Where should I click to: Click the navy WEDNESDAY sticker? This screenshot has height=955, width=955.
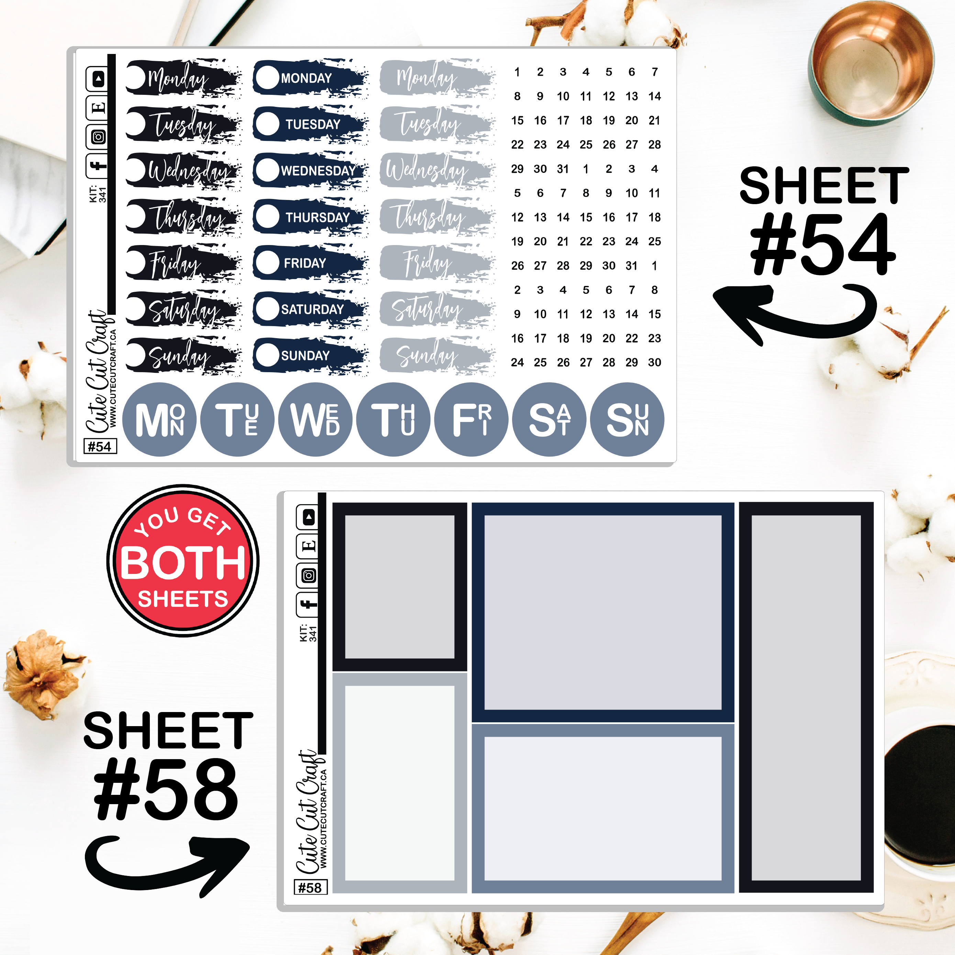[310, 170]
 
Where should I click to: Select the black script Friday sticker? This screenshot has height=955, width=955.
[183, 263]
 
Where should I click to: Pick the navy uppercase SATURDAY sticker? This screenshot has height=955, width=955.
[310, 309]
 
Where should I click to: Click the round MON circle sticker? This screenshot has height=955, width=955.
[159, 420]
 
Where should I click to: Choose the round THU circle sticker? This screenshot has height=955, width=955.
[393, 420]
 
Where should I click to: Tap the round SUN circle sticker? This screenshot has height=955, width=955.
[627, 420]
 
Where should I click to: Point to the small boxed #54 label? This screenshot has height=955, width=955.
[100, 446]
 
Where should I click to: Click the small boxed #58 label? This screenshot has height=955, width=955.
[310, 888]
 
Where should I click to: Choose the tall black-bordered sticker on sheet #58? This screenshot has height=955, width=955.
[806, 698]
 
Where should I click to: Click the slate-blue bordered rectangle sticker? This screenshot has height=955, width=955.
[602, 809]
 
